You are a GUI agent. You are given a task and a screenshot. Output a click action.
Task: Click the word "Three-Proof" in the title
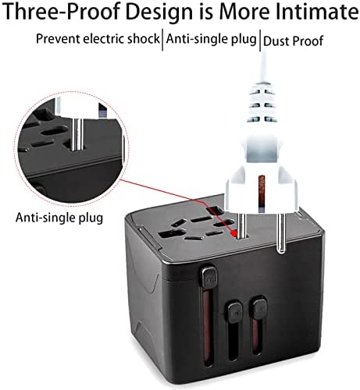[x=62, y=11]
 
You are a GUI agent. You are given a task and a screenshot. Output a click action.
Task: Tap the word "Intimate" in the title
[x=317, y=11]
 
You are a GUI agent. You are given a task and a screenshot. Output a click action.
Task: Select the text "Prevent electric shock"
[x=98, y=39]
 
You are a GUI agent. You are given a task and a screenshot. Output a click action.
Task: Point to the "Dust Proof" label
[x=293, y=41]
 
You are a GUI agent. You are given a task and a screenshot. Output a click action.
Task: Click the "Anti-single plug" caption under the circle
[x=59, y=218]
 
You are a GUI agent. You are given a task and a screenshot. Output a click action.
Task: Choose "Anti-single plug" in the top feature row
[x=212, y=39]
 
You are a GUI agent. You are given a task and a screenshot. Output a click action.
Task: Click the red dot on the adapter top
[x=235, y=233]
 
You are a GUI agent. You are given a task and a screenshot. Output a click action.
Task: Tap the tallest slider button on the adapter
[x=209, y=278]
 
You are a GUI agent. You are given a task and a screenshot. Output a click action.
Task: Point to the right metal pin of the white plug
[x=280, y=233]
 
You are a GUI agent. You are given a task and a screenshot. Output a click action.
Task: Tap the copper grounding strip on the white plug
[x=262, y=190]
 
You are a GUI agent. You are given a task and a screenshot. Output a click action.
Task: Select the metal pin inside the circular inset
[x=77, y=134]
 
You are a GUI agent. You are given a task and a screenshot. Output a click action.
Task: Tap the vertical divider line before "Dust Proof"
[x=260, y=41]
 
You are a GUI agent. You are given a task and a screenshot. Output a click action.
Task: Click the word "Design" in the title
[x=160, y=12]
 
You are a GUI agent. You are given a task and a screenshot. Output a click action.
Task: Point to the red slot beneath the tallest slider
[x=209, y=328]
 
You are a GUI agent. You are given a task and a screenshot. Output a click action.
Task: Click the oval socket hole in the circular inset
[x=55, y=130]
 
